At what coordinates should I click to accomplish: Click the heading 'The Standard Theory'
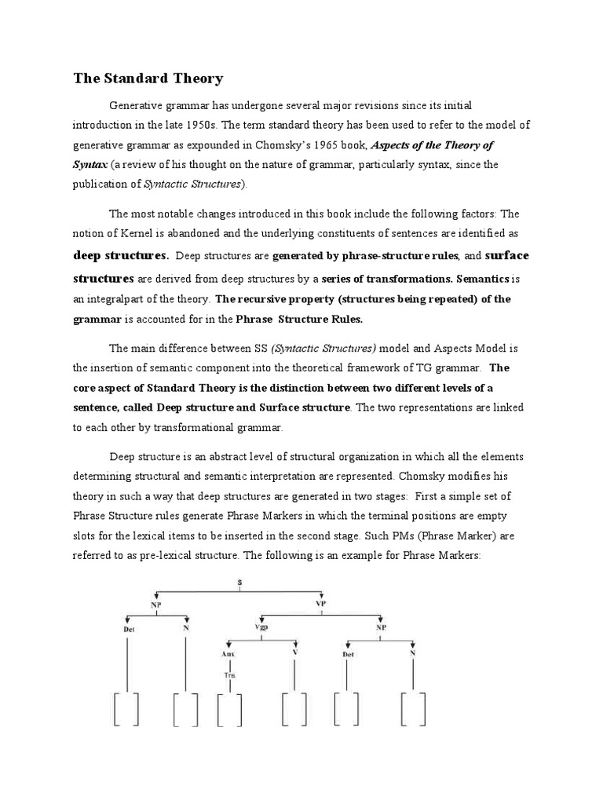pyautogui.click(x=148, y=79)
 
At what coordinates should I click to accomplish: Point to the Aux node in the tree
pyautogui.click(x=228, y=653)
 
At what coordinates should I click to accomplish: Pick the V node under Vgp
pyautogui.click(x=294, y=653)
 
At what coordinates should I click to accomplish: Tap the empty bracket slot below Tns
pyautogui.click(x=229, y=711)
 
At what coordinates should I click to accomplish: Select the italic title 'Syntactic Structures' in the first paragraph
pyautogui.click(x=193, y=184)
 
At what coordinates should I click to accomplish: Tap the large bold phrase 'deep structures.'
pyautogui.click(x=121, y=255)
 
